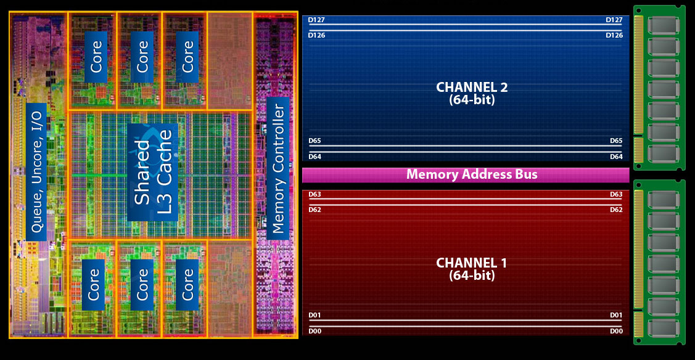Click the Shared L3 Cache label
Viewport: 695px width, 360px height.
point(152,172)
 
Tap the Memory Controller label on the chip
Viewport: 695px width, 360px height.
point(278,168)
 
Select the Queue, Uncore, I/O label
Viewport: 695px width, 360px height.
point(36,171)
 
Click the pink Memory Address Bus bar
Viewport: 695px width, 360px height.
point(466,175)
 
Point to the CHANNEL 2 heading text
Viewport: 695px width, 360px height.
point(472,87)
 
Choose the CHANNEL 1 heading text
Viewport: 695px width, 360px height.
point(472,263)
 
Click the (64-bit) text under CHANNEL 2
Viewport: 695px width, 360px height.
point(472,99)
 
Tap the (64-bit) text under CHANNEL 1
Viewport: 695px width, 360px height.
point(472,276)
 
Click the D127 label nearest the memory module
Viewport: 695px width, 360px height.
point(614,20)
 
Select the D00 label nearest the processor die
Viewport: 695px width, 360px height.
point(315,332)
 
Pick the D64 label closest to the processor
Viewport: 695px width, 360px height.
point(315,157)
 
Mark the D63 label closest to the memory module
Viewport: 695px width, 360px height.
point(616,195)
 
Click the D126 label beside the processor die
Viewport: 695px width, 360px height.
point(316,35)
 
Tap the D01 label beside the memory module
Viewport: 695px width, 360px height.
point(616,316)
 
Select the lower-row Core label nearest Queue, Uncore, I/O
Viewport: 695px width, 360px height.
point(94,284)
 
